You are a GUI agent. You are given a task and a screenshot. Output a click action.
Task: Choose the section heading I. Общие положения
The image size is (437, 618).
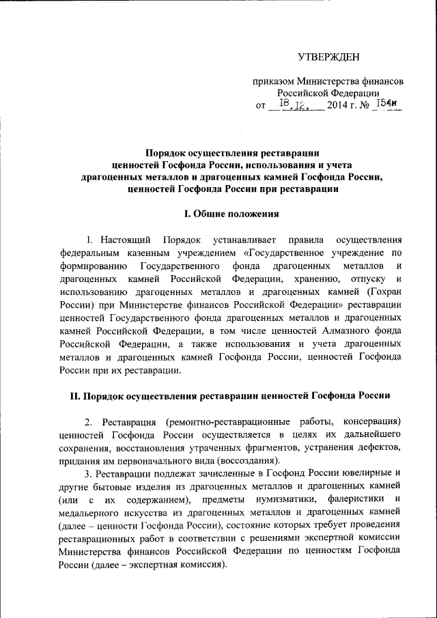tap(231, 214)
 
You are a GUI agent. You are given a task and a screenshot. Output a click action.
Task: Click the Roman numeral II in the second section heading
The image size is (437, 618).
tap(76, 395)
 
